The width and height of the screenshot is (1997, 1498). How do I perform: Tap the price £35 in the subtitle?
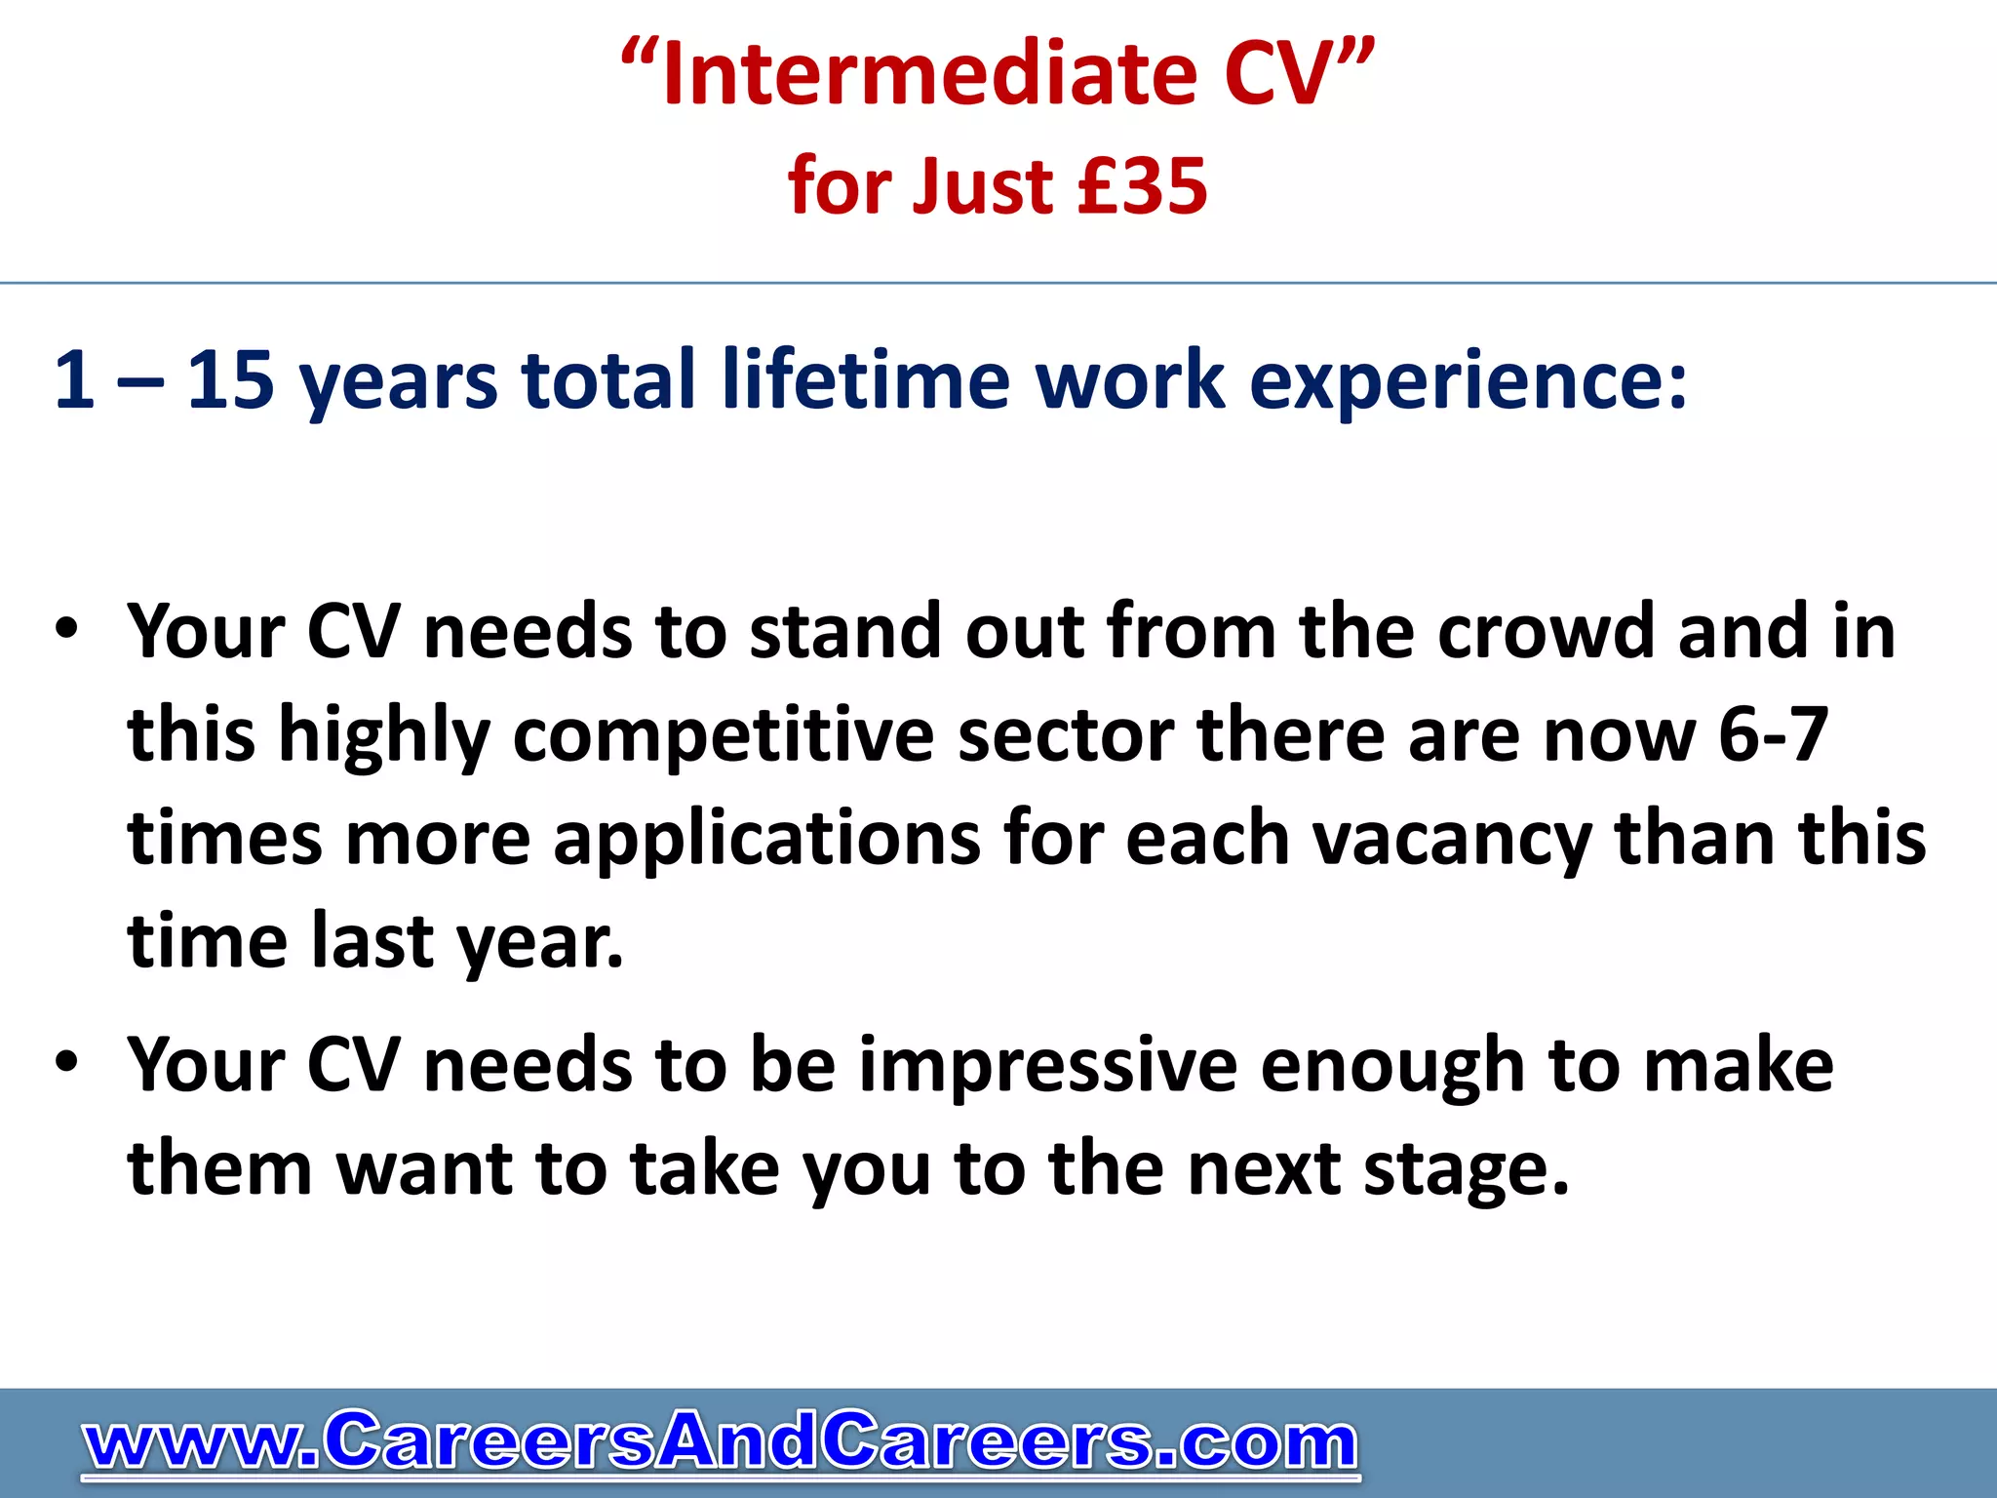[x=1143, y=186]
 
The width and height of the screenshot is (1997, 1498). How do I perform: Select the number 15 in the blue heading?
[x=230, y=379]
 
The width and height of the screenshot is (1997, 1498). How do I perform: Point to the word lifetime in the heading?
[x=866, y=379]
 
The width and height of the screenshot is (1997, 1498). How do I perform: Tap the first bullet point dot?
[x=65, y=629]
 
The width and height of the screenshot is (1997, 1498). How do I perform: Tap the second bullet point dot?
[x=65, y=1062]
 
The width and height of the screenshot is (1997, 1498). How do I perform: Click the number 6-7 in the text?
[x=1772, y=735]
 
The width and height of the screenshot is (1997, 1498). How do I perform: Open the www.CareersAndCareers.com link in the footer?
[x=721, y=1441]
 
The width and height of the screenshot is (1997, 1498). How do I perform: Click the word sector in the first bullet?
[x=1066, y=737]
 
